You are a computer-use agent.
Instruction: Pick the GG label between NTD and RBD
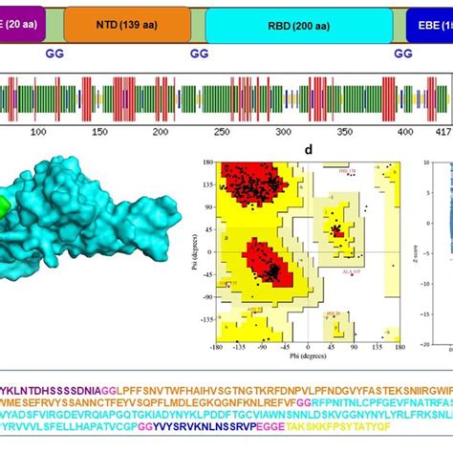point(199,54)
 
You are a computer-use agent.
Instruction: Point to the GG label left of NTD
point(55,54)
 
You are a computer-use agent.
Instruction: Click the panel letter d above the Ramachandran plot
point(305,150)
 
